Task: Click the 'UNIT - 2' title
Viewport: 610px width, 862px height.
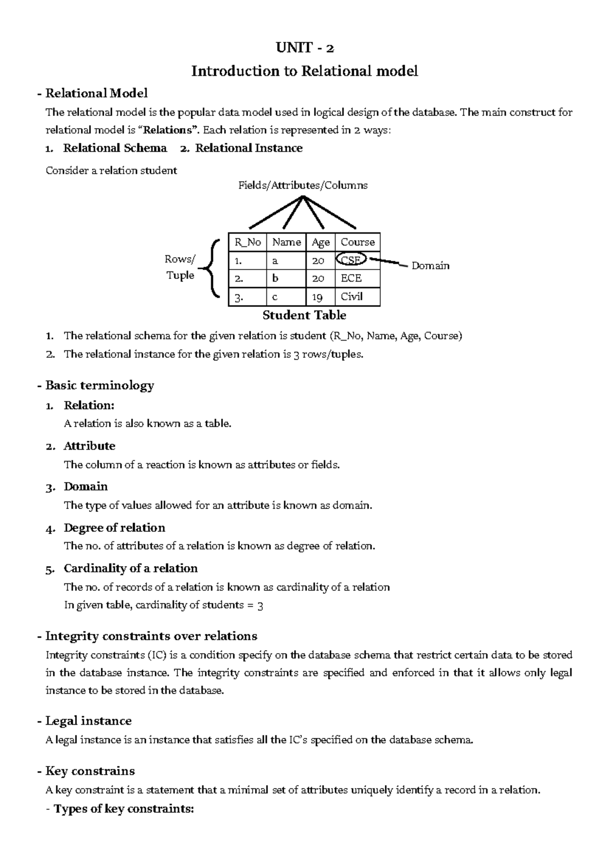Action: pos(304,48)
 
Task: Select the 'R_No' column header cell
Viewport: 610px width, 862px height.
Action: pos(248,242)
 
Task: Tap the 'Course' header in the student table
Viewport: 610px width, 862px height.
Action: pos(357,242)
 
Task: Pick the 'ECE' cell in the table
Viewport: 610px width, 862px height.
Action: pos(351,278)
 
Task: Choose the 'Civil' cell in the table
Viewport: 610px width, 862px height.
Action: pos(352,296)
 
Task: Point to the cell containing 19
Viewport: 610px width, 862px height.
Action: pos(318,297)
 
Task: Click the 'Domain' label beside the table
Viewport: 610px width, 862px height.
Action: pos(430,266)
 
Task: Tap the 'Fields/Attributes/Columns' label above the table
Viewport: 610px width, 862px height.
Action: pos(303,186)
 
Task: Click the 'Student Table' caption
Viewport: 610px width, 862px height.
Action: pos(304,315)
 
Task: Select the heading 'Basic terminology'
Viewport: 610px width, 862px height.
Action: pos(99,385)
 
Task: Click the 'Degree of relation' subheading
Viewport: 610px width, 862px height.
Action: pos(114,528)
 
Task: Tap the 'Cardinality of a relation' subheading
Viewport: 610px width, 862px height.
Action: pos(131,568)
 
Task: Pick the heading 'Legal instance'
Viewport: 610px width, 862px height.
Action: pos(88,721)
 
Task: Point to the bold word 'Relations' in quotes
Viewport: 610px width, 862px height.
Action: pos(170,130)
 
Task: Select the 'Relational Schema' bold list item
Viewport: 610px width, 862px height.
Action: pos(115,148)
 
